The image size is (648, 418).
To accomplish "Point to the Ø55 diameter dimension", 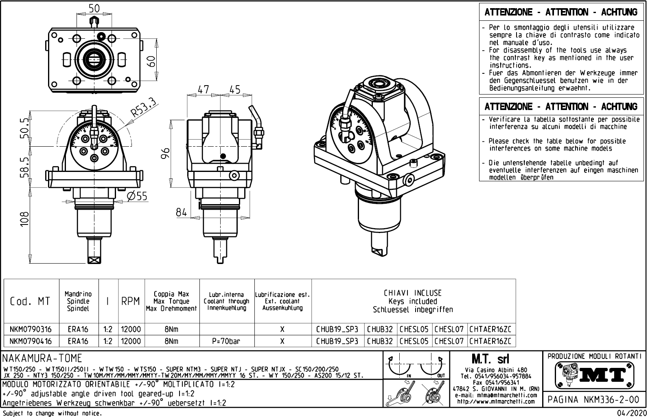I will point(137,196).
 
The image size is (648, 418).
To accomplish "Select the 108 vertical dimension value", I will point(25,220).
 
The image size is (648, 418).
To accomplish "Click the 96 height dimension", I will point(165,155).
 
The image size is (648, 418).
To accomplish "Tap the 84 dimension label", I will point(181,212).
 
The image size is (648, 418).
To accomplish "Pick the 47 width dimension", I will point(203,90).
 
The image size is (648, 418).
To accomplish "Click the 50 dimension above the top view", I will point(94,9).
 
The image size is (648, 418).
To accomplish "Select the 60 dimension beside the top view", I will point(151,62).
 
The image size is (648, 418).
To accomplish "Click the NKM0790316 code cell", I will point(31,329).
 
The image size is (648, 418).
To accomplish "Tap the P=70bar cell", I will point(226,341).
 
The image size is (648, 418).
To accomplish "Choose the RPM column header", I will point(131,301).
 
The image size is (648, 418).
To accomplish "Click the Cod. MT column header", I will point(30,301).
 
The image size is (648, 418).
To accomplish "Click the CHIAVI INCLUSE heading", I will point(412,293).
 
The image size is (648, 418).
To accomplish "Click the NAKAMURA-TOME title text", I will point(42,359).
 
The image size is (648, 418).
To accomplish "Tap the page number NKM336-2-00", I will point(594,400).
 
